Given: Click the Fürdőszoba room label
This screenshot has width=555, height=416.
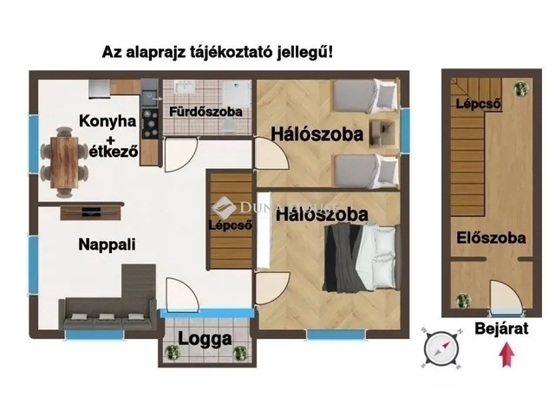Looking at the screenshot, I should [x=206, y=112].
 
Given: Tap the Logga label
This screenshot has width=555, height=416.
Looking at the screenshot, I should [x=205, y=340].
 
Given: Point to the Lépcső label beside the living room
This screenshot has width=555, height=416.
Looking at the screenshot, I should [x=230, y=225].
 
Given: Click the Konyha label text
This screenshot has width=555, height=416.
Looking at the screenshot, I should [x=108, y=121].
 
